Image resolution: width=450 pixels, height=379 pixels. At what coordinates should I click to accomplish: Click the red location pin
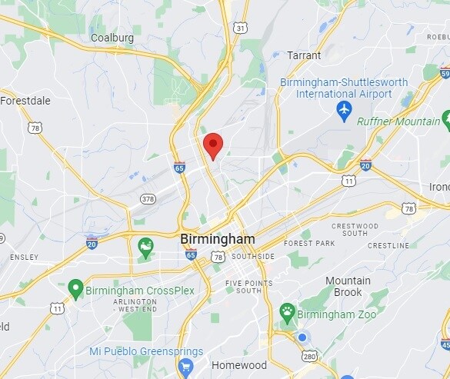tap(213, 145)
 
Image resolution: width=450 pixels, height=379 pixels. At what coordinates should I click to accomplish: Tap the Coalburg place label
tap(112, 37)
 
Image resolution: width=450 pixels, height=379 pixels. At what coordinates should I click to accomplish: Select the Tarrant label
tap(303, 55)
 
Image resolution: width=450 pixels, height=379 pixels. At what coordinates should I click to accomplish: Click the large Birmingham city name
tap(217, 239)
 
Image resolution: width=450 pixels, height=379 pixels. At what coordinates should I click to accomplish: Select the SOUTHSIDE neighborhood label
tap(252, 256)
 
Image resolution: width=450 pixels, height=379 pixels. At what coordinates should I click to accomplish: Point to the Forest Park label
tap(309, 243)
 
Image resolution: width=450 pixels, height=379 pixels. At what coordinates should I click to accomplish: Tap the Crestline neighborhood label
tap(388, 245)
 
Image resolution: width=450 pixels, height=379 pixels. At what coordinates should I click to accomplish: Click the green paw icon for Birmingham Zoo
tap(288, 311)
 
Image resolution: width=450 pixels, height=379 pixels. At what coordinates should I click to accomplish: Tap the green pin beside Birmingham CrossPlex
tap(75, 289)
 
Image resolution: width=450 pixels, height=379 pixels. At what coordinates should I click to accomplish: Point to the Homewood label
tap(238, 365)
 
